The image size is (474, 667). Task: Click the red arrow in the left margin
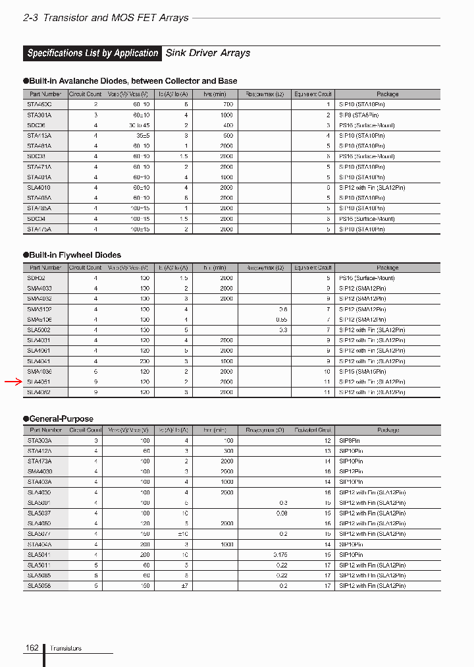pos(14,382)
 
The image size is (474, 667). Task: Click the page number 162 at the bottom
pos(32,649)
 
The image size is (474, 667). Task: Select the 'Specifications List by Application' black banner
pos(93,53)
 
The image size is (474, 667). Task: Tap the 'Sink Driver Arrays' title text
pos(207,53)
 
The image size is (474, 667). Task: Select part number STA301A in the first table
pos(39,115)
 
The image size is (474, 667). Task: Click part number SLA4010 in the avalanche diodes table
pos(39,187)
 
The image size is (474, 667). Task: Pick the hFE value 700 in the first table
pos(227,105)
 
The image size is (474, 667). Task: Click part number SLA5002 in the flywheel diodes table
pos(39,330)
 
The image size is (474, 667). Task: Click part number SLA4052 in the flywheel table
pos(39,392)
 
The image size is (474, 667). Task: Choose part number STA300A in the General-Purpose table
pos(39,440)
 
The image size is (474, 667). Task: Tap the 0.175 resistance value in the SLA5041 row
pos(280,555)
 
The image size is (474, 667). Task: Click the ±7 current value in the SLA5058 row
pos(184,586)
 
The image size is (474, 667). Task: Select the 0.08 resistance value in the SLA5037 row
pos(282,513)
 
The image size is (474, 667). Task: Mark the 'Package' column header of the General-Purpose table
pos(388,430)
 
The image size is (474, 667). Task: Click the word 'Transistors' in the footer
pos(66,649)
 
